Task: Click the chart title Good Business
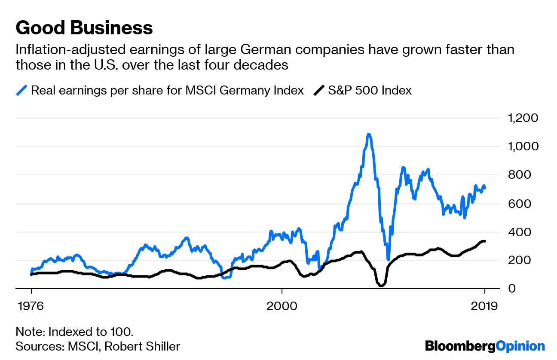84,28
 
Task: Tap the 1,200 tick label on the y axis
522,118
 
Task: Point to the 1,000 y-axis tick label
522,146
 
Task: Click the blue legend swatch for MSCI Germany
22,91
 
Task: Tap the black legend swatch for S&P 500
318,91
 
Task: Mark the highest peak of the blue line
369,134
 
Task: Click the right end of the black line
485,241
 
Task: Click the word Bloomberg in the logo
460,346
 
